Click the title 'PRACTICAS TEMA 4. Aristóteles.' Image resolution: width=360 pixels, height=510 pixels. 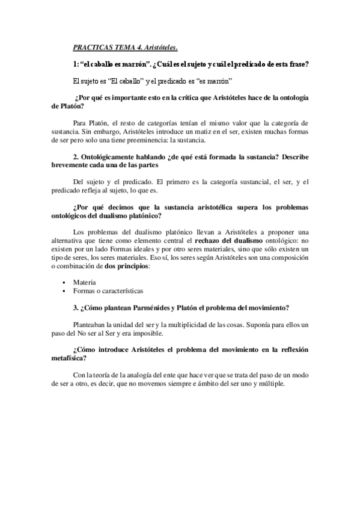coord(125,48)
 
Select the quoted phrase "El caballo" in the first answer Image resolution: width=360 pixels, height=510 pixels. coord(129,81)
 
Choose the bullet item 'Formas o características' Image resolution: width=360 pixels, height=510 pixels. coord(108,290)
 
